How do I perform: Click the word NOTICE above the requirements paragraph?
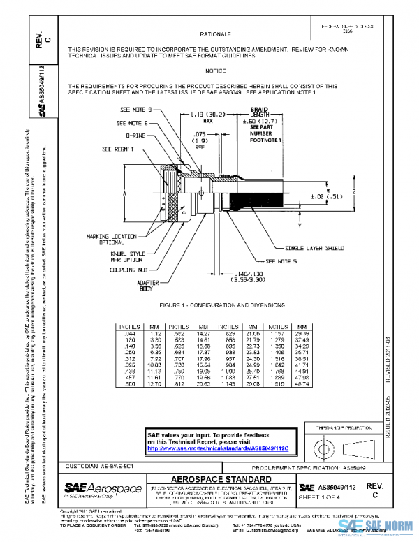pyautogui.click(x=215, y=71)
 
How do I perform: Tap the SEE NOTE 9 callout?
pyautogui.click(x=135, y=110)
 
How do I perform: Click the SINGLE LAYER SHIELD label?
pyautogui.click(x=313, y=248)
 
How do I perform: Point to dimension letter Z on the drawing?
pyautogui.click(x=354, y=190)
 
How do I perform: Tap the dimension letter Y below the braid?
pyautogui.click(x=298, y=226)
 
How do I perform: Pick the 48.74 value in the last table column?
pyautogui.click(x=302, y=383)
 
